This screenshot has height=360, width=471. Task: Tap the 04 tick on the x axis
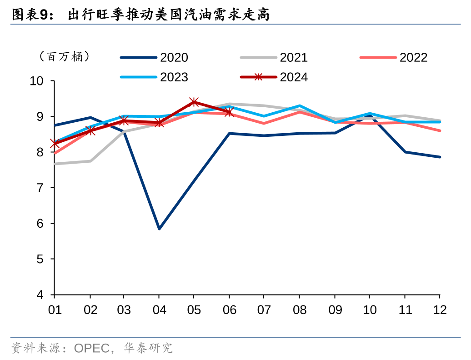[x=159, y=310]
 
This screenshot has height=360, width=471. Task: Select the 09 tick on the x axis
[x=335, y=310]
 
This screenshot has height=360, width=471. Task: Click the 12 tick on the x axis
[x=439, y=310]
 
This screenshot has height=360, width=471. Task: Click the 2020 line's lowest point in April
[x=159, y=229]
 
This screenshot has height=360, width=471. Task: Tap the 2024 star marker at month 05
[x=194, y=102]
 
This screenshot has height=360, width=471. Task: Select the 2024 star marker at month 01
[x=55, y=144]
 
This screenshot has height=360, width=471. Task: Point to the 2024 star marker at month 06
[x=229, y=112]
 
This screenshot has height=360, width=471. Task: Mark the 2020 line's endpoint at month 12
[x=440, y=157]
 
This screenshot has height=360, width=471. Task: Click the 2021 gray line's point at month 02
[x=90, y=161]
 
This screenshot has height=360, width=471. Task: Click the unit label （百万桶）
[x=64, y=57]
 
